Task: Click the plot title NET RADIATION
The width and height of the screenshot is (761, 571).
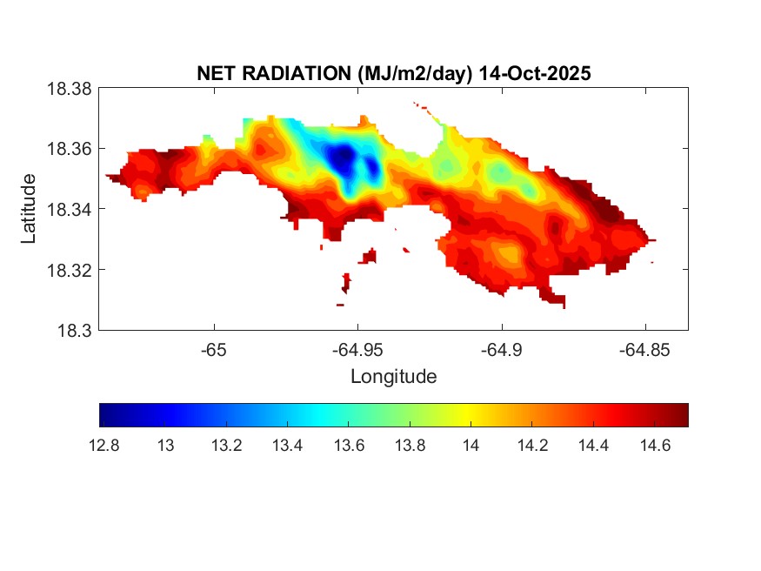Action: (275, 74)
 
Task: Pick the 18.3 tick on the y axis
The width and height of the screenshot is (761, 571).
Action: (76, 330)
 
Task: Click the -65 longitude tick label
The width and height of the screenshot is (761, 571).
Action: (214, 350)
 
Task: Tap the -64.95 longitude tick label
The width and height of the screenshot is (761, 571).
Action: (357, 350)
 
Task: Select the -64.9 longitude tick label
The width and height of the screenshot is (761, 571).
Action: (501, 350)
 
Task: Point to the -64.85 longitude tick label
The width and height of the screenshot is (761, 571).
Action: (644, 350)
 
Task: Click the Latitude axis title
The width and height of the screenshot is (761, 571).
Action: (29, 209)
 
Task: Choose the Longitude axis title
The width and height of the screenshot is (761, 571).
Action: (393, 377)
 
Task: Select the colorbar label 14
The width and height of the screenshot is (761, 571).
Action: (471, 446)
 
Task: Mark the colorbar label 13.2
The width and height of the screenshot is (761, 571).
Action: (227, 446)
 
